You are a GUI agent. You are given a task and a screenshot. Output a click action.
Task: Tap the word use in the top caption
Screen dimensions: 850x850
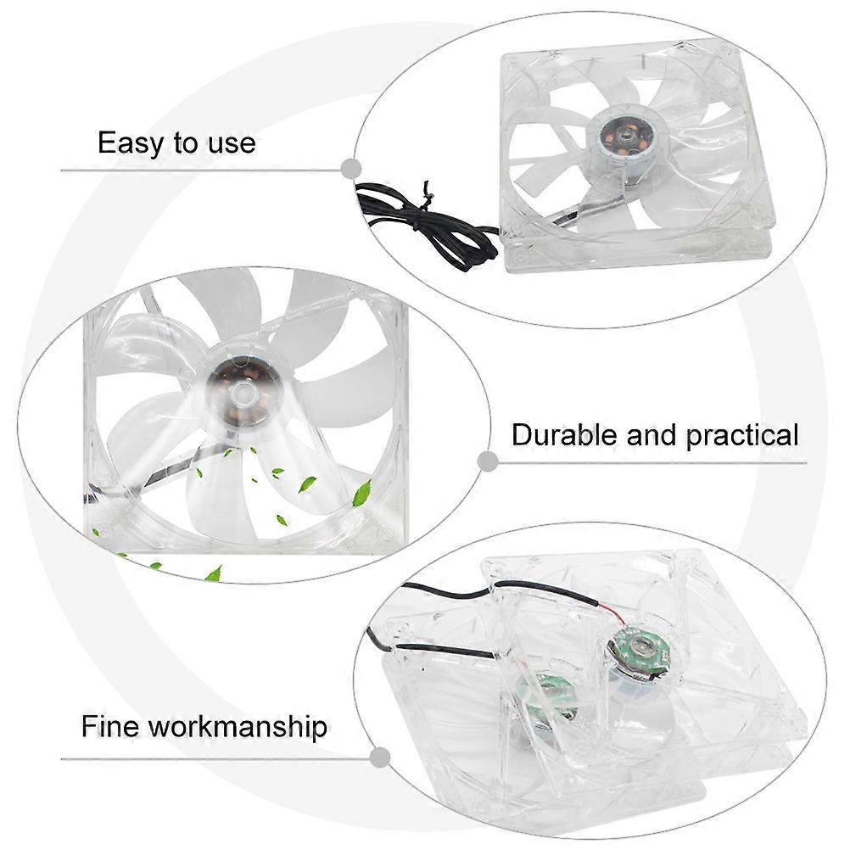click(x=232, y=144)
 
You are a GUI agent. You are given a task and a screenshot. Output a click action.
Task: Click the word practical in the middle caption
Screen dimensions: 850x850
click(x=742, y=436)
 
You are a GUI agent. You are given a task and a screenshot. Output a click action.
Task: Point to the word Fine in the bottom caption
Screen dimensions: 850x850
click(x=110, y=726)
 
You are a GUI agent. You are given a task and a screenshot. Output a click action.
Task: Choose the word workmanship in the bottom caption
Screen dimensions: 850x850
click(x=238, y=728)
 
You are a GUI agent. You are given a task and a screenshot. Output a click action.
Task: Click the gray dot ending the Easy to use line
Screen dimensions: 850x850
click(x=351, y=169)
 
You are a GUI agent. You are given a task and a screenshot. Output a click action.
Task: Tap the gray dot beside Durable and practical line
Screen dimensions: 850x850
click(x=489, y=461)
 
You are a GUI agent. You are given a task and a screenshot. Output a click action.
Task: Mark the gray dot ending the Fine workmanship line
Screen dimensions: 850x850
click(x=379, y=758)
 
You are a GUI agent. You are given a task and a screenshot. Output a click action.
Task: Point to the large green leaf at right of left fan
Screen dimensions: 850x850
click(x=361, y=494)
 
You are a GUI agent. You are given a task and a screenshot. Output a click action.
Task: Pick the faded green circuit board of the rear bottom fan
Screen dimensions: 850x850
click(x=547, y=696)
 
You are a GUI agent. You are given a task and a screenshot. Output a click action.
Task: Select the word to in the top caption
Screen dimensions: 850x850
click(x=187, y=145)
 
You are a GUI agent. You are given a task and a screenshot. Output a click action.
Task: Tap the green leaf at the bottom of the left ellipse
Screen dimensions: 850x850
click(x=215, y=573)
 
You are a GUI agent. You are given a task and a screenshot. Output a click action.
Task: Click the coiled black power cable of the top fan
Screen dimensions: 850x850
click(x=428, y=217)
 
